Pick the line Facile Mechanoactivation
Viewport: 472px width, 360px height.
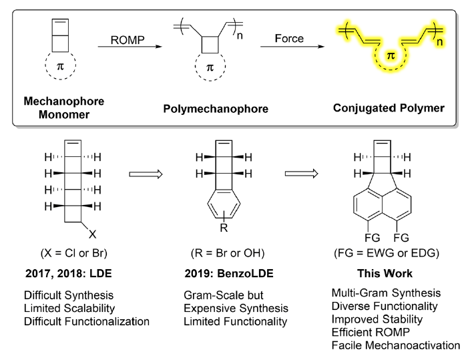point(397,346)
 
